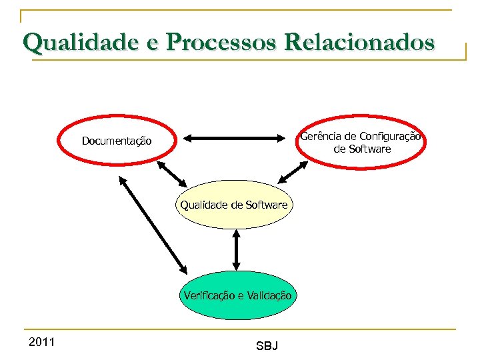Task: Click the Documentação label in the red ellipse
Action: pyautogui.click(x=117, y=141)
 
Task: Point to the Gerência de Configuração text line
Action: pyautogui.click(x=360, y=137)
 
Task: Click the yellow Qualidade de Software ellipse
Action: pyautogui.click(x=234, y=205)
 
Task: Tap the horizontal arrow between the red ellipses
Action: pyautogui.click(x=234, y=139)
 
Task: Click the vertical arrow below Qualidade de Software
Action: pyautogui.click(x=236, y=249)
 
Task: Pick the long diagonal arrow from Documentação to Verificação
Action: pyautogui.click(x=153, y=224)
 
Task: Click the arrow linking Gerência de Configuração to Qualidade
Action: pyautogui.click(x=291, y=172)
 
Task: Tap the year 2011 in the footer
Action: pyautogui.click(x=42, y=343)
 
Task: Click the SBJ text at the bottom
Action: pyautogui.click(x=267, y=346)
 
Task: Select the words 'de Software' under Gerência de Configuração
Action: pyautogui.click(x=362, y=149)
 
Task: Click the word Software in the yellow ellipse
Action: pyautogui.click(x=266, y=205)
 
